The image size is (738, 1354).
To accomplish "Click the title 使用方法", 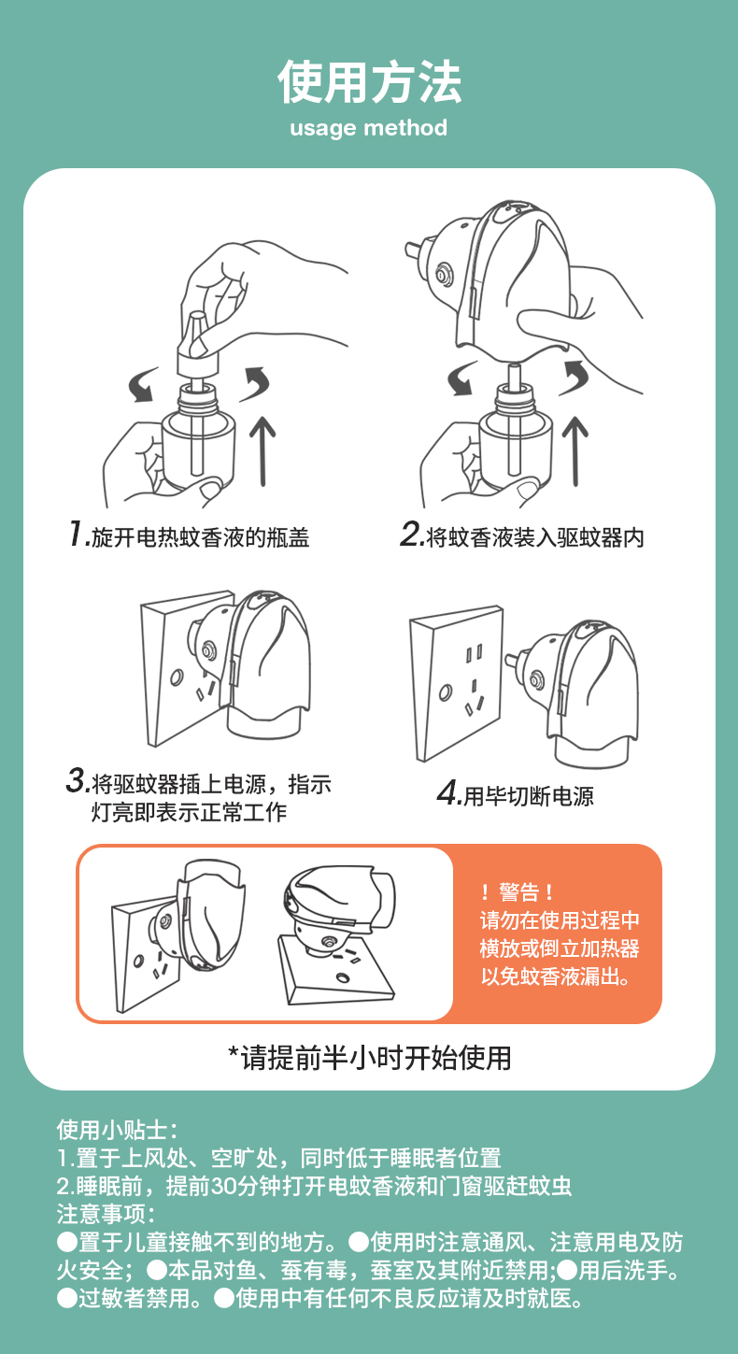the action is (x=369, y=81).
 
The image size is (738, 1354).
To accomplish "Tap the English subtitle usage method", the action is (x=369, y=128).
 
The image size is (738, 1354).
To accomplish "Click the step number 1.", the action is (x=77, y=534).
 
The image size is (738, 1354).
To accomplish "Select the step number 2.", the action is (x=410, y=534).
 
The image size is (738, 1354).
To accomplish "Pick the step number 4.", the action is (x=447, y=792).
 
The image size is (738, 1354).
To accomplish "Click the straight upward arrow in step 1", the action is (x=263, y=450).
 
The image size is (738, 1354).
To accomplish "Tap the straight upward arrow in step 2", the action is (x=575, y=450).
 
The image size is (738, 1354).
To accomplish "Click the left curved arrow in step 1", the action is (x=143, y=385).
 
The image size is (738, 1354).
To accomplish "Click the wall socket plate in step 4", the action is (x=456, y=683).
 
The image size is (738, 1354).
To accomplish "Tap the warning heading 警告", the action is (x=518, y=891).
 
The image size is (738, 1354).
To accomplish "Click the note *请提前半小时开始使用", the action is (x=369, y=1058).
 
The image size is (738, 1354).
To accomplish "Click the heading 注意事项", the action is (x=106, y=1214).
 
